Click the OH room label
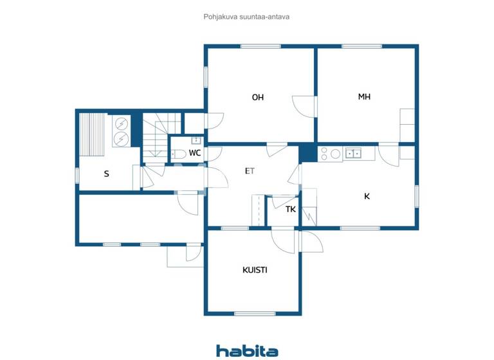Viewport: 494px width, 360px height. point(258,98)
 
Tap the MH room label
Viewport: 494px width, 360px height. point(365,97)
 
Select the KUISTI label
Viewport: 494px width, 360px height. point(255,270)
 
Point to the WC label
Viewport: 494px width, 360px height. point(194,153)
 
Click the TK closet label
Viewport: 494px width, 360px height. point(291,209)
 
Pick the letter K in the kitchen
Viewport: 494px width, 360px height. point(367,197)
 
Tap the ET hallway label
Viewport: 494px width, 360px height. point(250,171)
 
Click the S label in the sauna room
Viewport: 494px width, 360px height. point(106,174)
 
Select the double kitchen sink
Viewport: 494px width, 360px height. point(352,153)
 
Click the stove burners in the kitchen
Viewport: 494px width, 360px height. point(330,153)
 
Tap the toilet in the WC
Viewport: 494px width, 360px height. point(178,154)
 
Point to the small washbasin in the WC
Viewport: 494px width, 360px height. point(196,140)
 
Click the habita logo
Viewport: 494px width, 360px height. point(247,350)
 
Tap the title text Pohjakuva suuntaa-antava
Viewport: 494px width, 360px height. point(246,17)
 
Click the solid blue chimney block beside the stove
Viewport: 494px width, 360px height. point(308,153)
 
